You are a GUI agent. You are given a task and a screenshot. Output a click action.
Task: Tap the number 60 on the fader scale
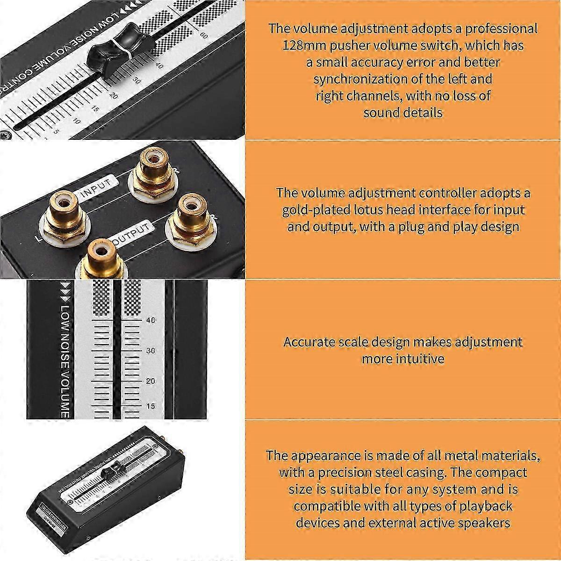point(204,35)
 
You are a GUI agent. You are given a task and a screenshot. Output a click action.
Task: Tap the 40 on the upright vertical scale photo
point(151,320)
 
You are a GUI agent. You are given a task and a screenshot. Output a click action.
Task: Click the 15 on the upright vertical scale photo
point(150,406)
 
